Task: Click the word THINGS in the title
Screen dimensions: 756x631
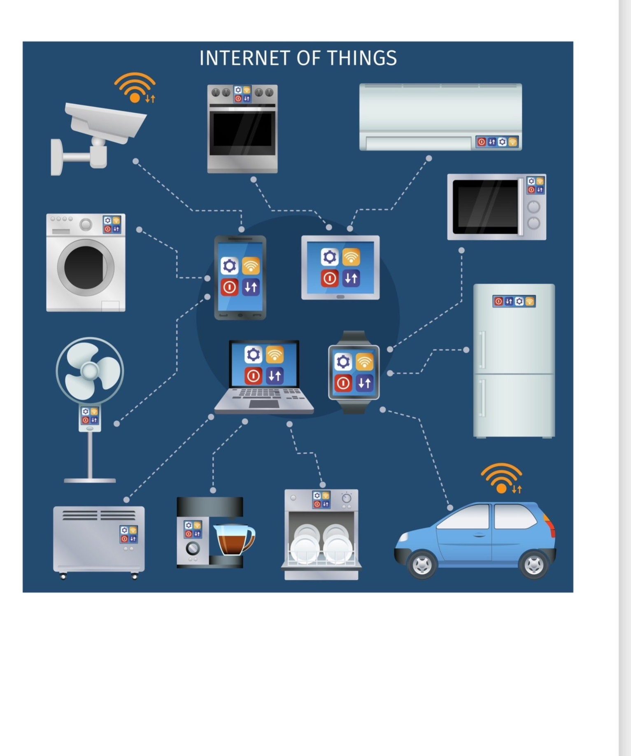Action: [362, 58]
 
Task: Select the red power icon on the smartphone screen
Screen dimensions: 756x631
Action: [229, 287]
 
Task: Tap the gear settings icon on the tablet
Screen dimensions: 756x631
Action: [329, 257]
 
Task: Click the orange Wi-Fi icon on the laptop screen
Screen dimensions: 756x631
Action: [275, 355]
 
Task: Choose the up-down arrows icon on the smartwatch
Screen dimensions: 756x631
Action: [364, 383]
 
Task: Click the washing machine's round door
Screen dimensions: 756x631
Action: [86, 267]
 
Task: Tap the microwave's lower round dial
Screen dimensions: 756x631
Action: [533, 223]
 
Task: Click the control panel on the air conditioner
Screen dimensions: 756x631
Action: [497, 142]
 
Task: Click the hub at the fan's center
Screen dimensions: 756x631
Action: [89, 371]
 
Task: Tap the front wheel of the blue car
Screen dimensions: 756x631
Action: [422, 565]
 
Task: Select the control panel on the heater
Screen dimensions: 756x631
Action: [128, 534]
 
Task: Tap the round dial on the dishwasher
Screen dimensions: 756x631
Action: [347, 498]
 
